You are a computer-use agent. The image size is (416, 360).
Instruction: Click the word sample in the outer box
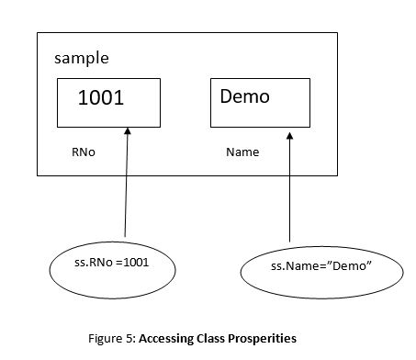tap(82, 58)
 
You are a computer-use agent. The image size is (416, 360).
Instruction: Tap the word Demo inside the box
tap(244, 96)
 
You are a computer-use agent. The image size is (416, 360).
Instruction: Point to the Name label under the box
tap(242, 151)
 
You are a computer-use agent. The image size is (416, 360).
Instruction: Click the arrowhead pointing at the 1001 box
tap(127, 135)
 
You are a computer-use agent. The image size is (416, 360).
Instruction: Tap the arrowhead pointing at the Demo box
tap(290, 136)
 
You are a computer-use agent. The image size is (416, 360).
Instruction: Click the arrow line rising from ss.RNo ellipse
tap(125, 193)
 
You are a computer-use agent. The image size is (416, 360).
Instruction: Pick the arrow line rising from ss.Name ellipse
tap(290, 193)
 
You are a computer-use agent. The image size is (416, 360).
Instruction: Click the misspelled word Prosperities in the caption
tap(266, 338)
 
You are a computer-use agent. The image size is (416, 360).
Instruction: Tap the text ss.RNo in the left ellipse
tap(81, 264)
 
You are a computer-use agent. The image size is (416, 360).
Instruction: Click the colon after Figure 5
tap(137, 338)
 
